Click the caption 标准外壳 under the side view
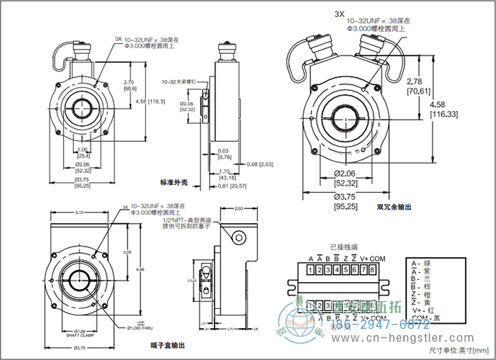173,183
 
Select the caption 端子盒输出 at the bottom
169,346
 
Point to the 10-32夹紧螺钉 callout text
178,81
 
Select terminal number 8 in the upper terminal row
372,270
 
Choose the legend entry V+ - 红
422,310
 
